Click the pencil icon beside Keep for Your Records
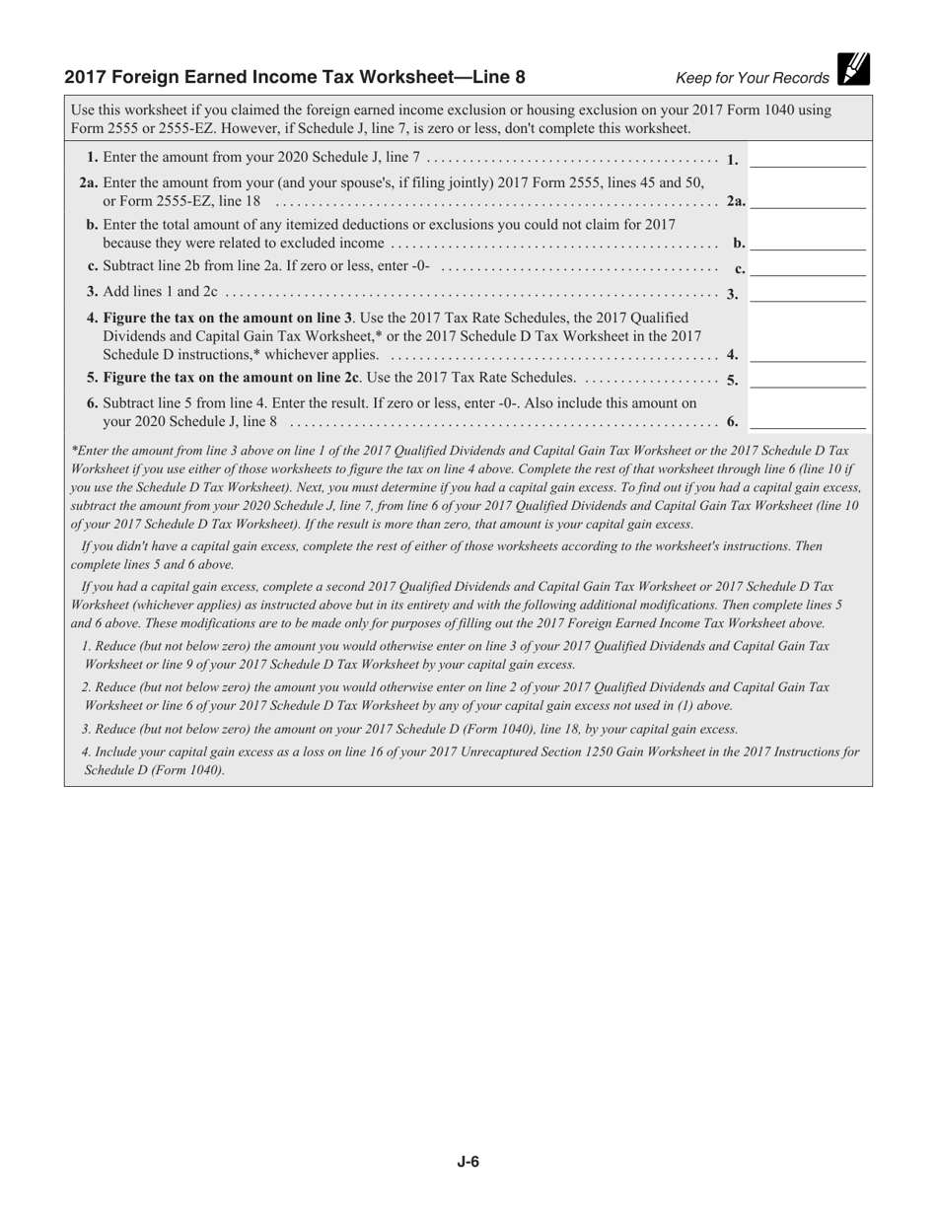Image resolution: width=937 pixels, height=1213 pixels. [853, 69]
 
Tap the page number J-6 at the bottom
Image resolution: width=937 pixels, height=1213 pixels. [468, 1162]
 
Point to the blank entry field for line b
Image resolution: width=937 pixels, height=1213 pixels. [808, 242]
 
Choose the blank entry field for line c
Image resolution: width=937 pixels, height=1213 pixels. [808, 267]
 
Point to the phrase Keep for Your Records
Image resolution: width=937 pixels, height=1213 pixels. [752, 79]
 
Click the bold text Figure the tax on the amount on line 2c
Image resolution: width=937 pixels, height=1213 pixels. [223, 378]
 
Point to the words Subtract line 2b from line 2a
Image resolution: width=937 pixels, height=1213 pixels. [192, 267]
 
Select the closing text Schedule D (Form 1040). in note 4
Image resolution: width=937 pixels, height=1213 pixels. [154, 770]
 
